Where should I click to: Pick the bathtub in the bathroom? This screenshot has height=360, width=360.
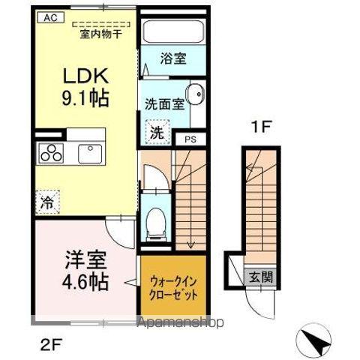[x=173, y=31]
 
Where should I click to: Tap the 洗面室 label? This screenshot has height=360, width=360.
[x=163, y=104]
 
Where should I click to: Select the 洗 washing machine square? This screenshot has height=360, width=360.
[x=156, y=131]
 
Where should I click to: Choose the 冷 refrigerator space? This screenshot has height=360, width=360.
[x=46, y=202]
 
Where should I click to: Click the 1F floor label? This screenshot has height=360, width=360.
[x=259, y=128]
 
